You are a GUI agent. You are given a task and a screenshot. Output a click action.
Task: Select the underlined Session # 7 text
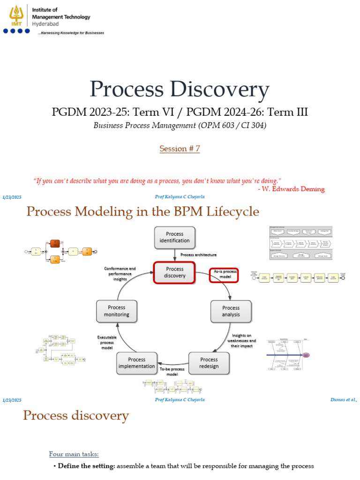180,149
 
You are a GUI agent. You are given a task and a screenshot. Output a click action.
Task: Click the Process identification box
174,237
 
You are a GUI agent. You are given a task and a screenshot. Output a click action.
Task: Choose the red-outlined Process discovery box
174,272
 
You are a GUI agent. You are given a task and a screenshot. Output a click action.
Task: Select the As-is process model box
223,274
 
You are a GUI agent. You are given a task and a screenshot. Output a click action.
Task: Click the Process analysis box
231,311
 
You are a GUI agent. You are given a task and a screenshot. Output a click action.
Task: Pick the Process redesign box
209,363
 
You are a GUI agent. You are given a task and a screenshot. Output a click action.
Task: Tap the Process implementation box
136,363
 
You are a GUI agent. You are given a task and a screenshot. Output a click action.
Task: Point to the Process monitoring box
116,311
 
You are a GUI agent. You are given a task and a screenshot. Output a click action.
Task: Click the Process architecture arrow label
199,255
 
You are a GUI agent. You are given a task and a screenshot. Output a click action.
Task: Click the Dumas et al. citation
344,400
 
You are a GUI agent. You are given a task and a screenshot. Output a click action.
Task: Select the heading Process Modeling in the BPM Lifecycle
142,211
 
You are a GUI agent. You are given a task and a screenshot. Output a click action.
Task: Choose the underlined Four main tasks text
74,454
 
